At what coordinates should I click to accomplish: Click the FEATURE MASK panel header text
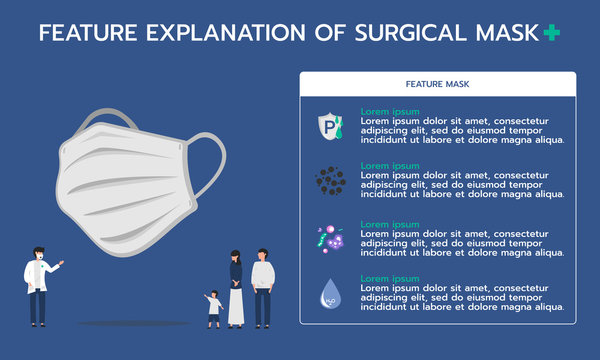coord(437,85)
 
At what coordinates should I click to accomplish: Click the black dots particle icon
coord(330,181)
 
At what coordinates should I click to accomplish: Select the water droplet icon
coord(329,294)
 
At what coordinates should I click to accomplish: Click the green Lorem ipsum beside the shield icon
coord(390,111)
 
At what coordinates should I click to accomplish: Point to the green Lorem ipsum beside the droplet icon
coord(390,277)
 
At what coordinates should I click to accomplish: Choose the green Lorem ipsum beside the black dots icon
coord(390,166)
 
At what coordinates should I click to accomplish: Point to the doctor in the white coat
coord(39,284)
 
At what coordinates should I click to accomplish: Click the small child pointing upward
coord(214,309)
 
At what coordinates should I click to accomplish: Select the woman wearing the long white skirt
coord(236,289)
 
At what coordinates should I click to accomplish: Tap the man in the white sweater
coord(262,286)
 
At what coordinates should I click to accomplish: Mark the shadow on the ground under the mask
coord(119,323)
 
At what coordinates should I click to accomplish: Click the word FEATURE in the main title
coord(87,33)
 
